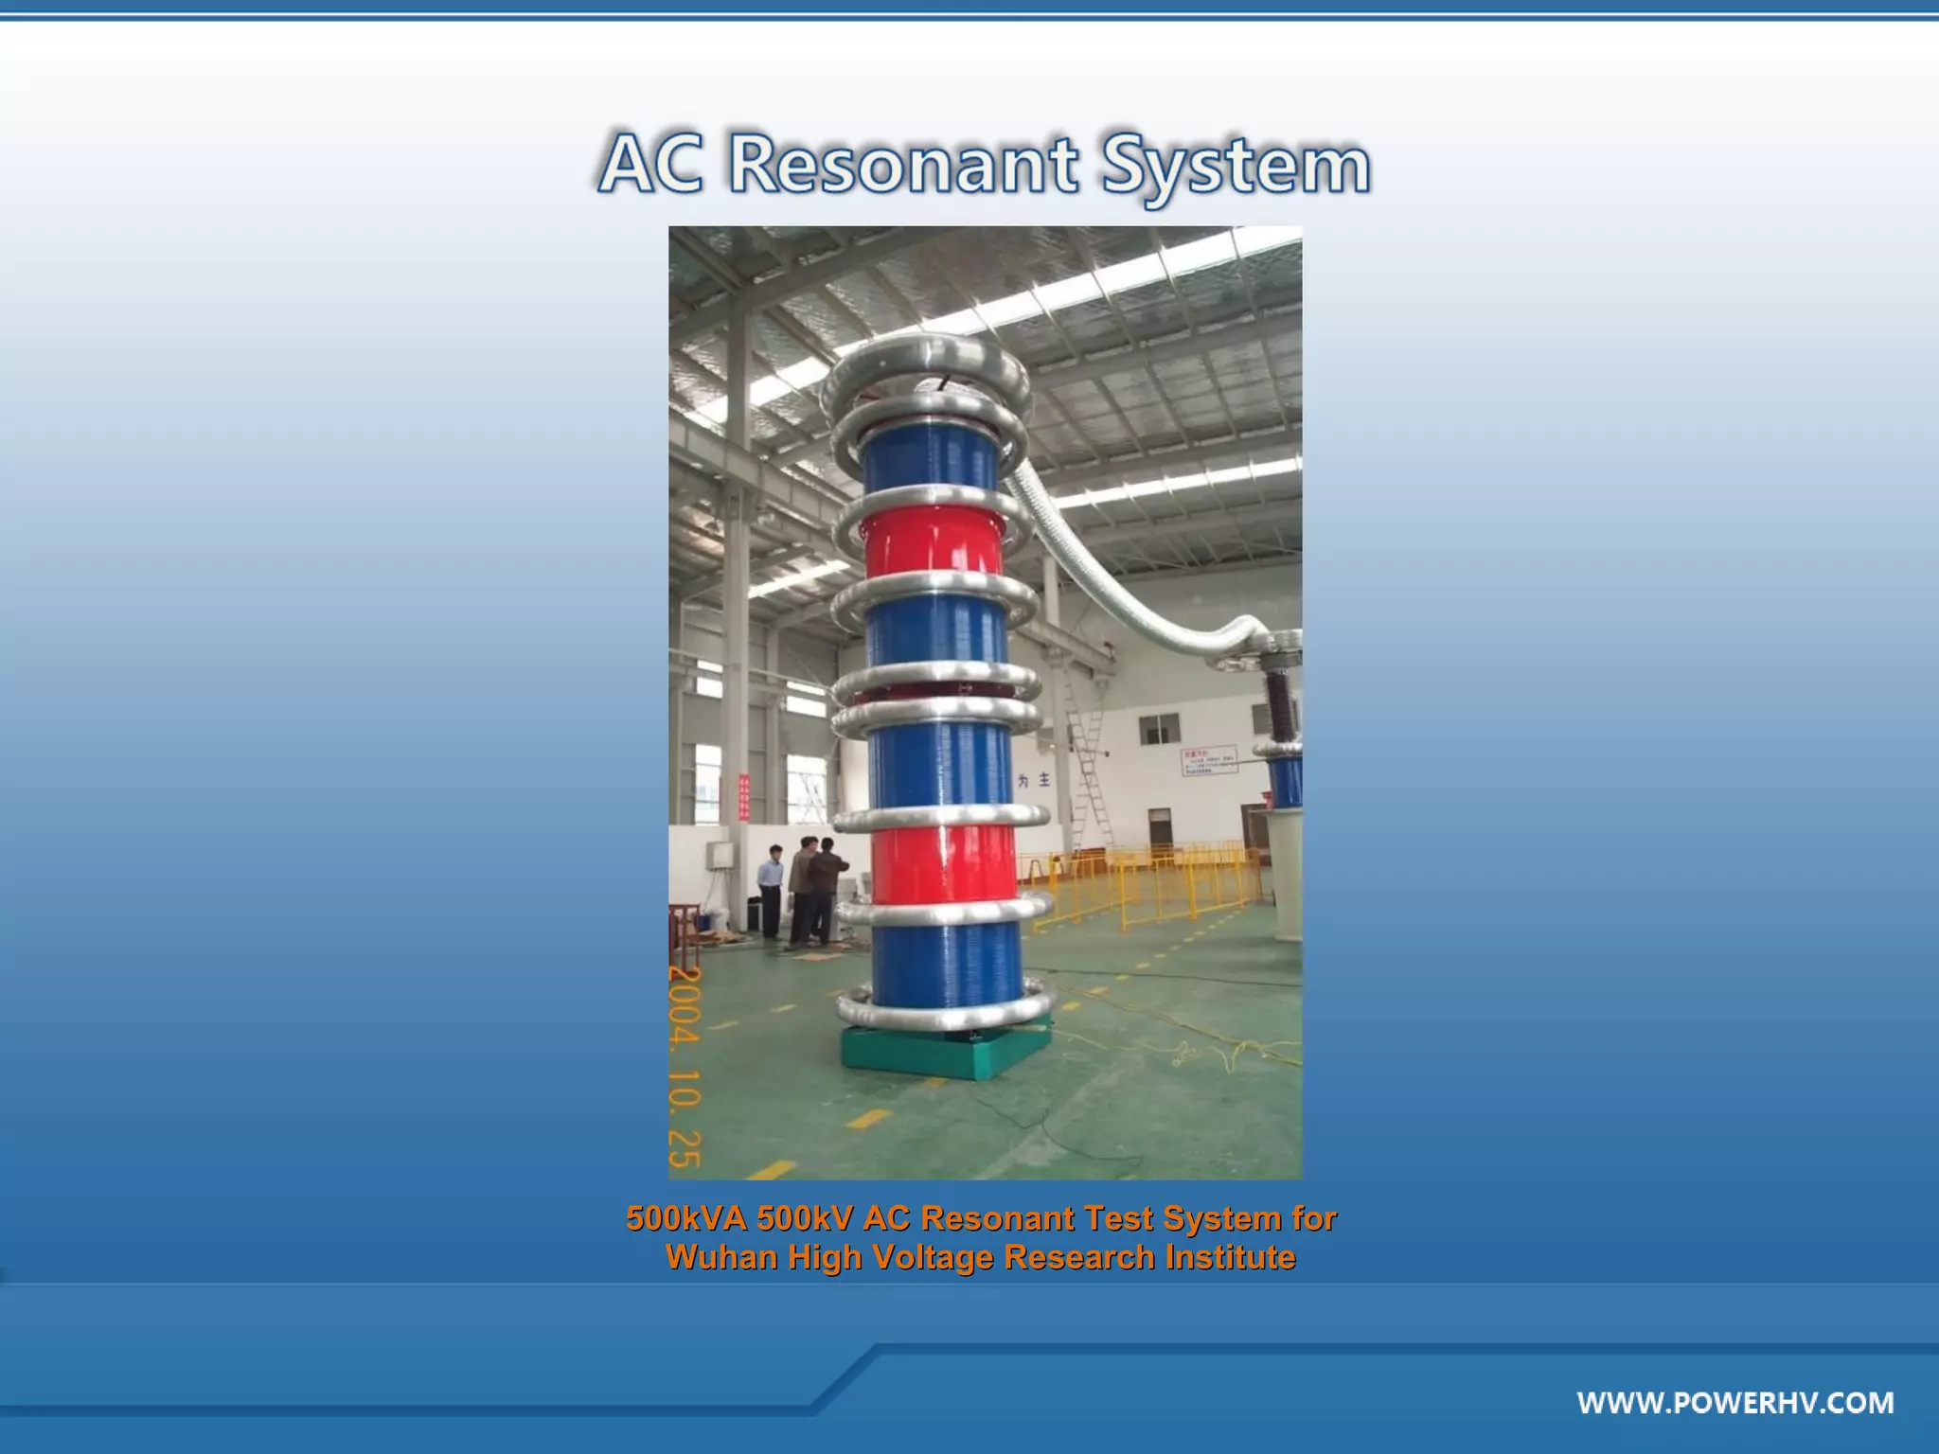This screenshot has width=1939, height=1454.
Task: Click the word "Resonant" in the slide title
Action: point(902,165)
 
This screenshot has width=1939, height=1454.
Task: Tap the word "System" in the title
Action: point(1236,167)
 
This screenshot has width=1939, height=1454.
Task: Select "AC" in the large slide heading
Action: point(651,165)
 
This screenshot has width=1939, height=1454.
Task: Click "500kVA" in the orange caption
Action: point(686,1218)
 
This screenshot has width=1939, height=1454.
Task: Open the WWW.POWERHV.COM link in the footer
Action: point(1734,1402)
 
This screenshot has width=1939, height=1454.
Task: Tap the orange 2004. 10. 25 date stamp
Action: point(685,1067)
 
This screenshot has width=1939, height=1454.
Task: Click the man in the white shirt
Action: point(772,890)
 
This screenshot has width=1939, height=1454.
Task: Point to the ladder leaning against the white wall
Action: point(1089,757)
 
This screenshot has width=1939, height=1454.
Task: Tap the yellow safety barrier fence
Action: point(1146,885)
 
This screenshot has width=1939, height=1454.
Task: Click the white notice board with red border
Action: point(1209,760)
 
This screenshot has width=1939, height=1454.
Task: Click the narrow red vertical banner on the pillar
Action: point(743,796)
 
